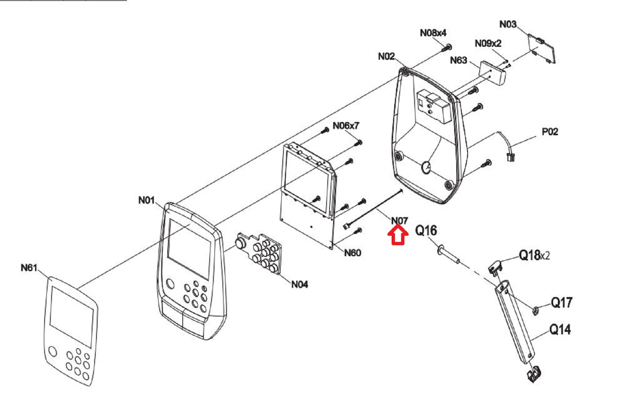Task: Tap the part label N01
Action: (146, 200)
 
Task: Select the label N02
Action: (387, 56)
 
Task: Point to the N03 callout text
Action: (508, 24)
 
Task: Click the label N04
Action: (300, 284)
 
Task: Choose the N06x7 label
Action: (346, 126)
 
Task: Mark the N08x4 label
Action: (433, 33)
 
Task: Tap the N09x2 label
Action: (488, 43)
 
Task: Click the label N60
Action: (353, 253)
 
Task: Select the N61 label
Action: (29, 268)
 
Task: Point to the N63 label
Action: (458, 60)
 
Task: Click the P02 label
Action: (550, 132)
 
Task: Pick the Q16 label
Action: (426, 231)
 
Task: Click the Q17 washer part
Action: (536, 311)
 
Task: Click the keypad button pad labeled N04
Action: (259, 253)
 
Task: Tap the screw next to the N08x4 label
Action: (446, 48)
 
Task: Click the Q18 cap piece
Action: (495, 266)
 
